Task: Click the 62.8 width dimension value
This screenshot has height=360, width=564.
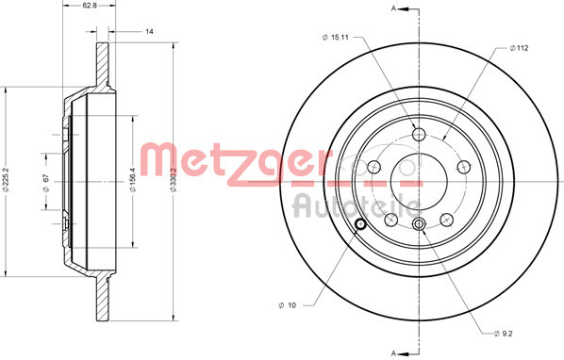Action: coord(91,7)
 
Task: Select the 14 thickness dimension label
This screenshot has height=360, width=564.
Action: coord(149,31)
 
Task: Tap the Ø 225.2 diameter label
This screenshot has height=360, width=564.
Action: coord(8,180)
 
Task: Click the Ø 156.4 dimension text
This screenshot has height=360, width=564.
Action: coord(133,181)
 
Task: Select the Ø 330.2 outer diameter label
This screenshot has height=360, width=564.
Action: coord(172,180)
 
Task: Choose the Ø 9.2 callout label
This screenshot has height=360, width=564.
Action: coord(505,333)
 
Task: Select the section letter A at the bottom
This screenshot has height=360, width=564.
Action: coord(393,351)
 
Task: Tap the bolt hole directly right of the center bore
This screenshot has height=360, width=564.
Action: coord(462,166)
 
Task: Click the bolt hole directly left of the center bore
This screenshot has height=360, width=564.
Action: coord(374,167)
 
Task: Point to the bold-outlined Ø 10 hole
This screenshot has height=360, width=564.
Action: coord(359,224)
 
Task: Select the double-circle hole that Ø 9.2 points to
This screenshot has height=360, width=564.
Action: coord(420,223)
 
